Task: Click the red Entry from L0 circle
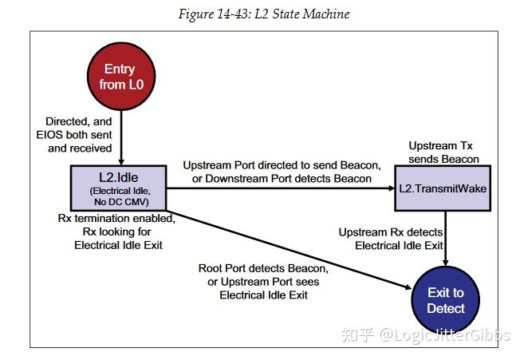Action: click(x=120, y=78)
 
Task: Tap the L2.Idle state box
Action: click(x=120, y=188)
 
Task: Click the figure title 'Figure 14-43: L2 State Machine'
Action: click(x=263, y=14)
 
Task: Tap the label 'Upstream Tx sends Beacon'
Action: click(x=443, y=153)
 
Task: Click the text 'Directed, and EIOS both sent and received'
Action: click(x=80, y=135)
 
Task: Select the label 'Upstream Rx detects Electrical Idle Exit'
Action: click(x=391, y=239)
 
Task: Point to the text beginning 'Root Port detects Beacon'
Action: click(x=263, y=282)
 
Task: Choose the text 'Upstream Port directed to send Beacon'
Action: click(x=281, y=165)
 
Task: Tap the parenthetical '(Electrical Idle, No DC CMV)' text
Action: click(x=120, y=196)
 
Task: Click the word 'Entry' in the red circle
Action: click(x=120, y=69)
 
